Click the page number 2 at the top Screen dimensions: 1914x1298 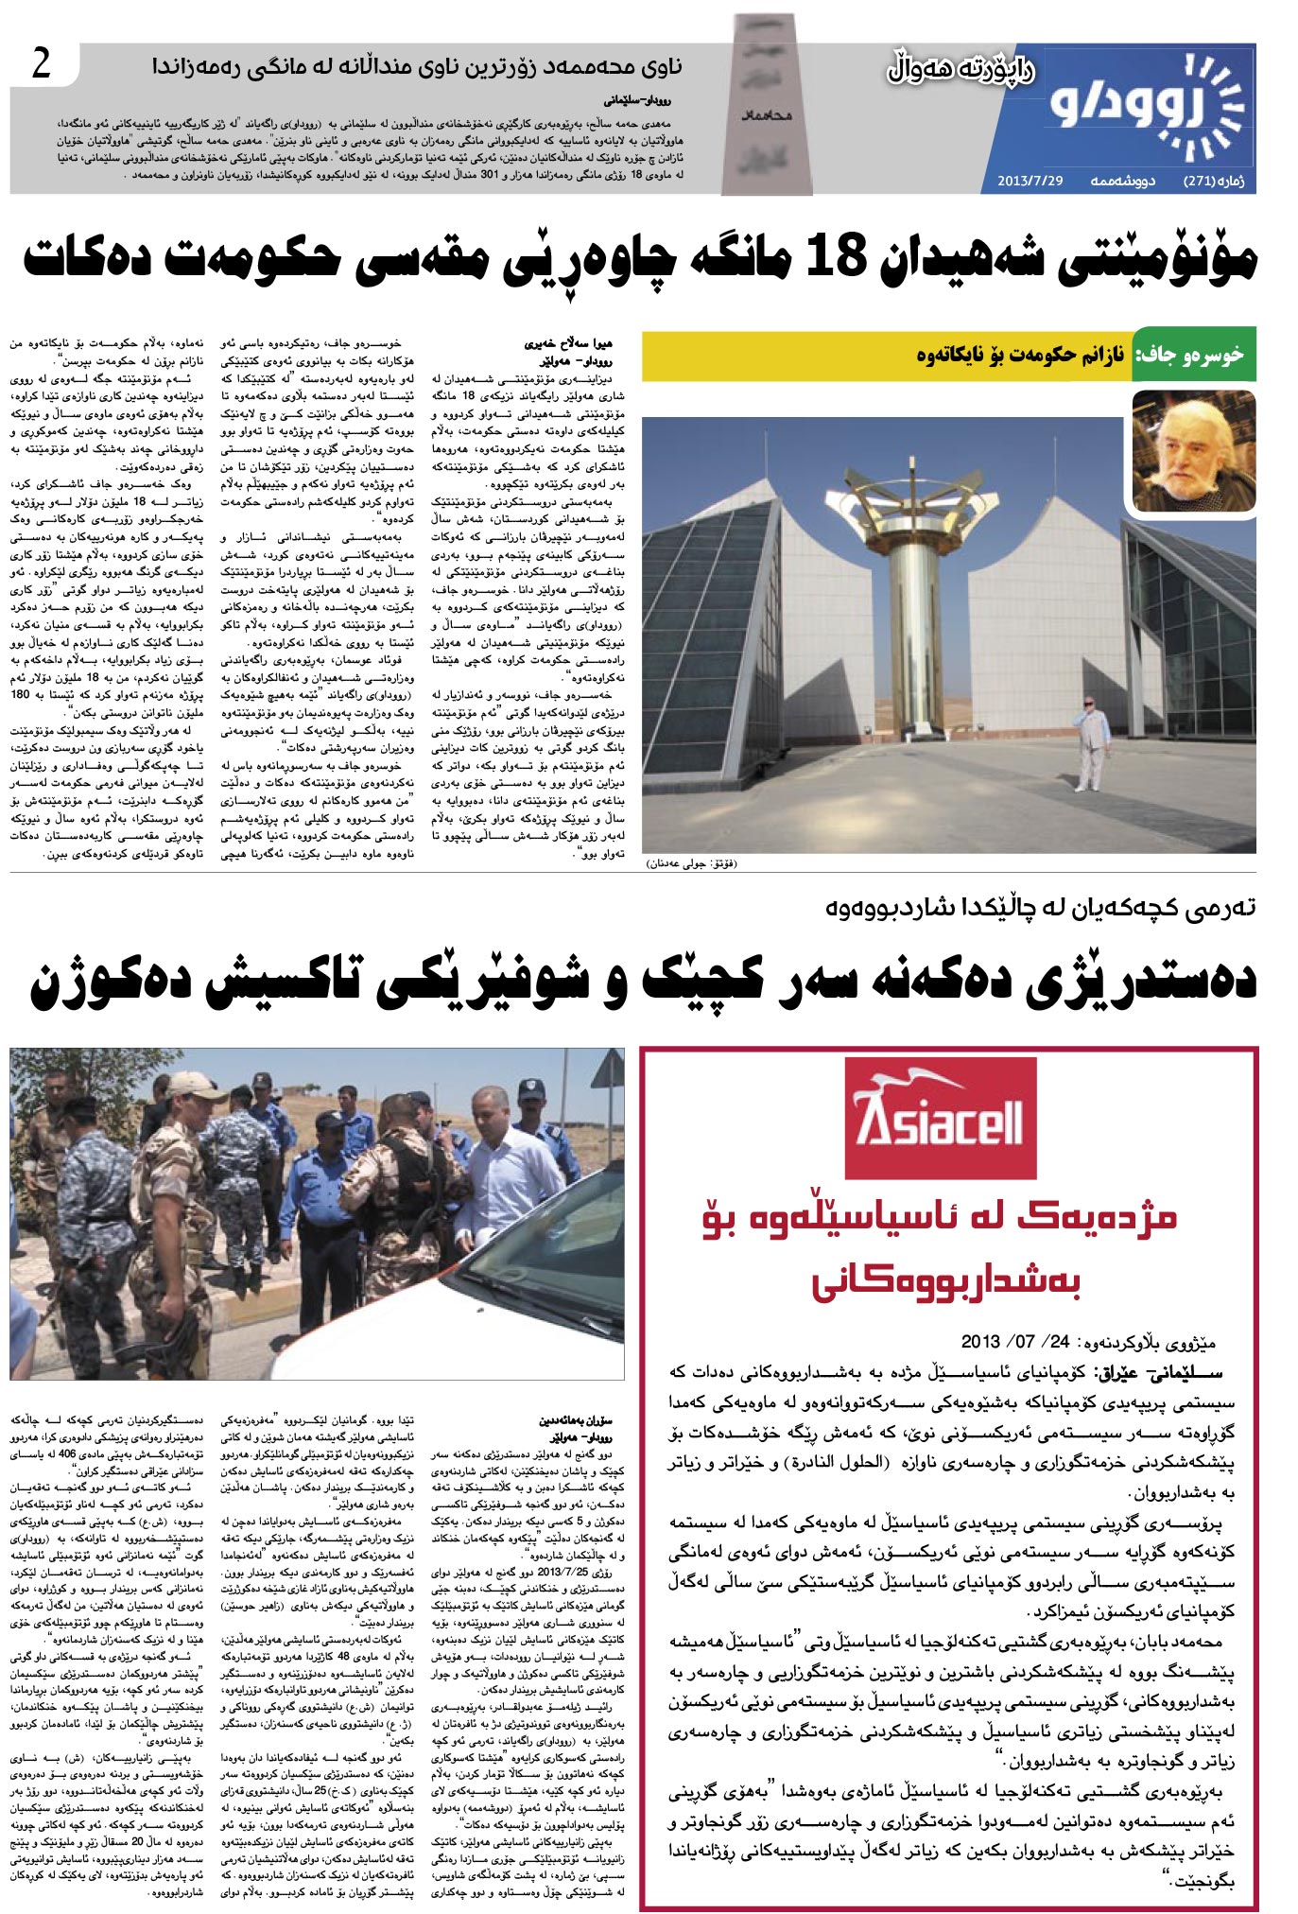point(41,64)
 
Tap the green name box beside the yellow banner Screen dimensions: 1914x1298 point(1193,356)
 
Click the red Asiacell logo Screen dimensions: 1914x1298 point(938,1117)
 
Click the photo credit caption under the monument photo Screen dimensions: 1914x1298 point(689,862)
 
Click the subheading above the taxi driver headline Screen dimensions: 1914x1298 point(1040,908)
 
